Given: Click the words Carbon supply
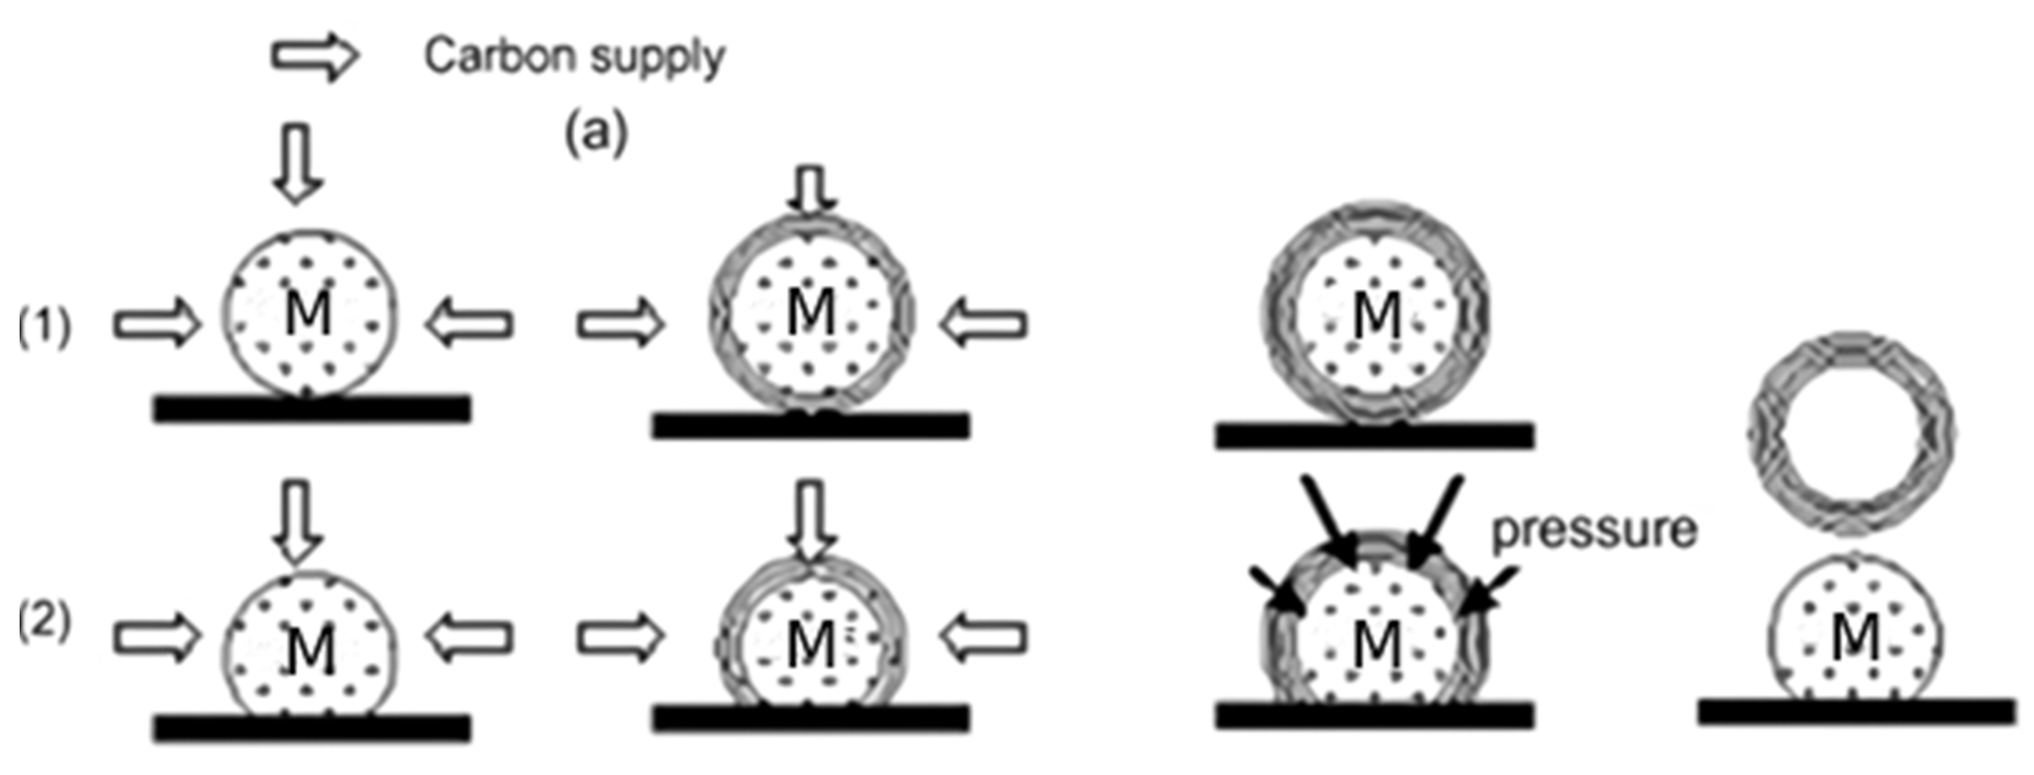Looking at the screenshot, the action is coord(574,57).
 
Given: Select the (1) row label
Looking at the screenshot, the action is coord(45,325).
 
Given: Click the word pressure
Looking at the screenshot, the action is coord(1593,530).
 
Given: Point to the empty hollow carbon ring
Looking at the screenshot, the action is coord(1851,433).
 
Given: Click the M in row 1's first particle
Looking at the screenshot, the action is coord(308,313).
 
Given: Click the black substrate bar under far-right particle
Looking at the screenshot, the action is coord(1856,711).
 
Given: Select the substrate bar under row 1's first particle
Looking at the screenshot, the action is coord(312,408).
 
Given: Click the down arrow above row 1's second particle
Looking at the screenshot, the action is coord(812,190).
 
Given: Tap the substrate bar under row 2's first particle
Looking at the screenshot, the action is coord(312,727).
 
